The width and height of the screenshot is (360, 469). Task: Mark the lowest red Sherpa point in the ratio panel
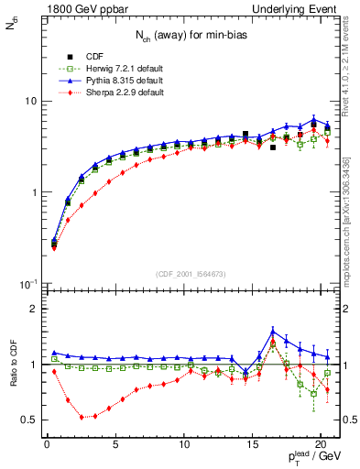(x=82, y=417)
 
